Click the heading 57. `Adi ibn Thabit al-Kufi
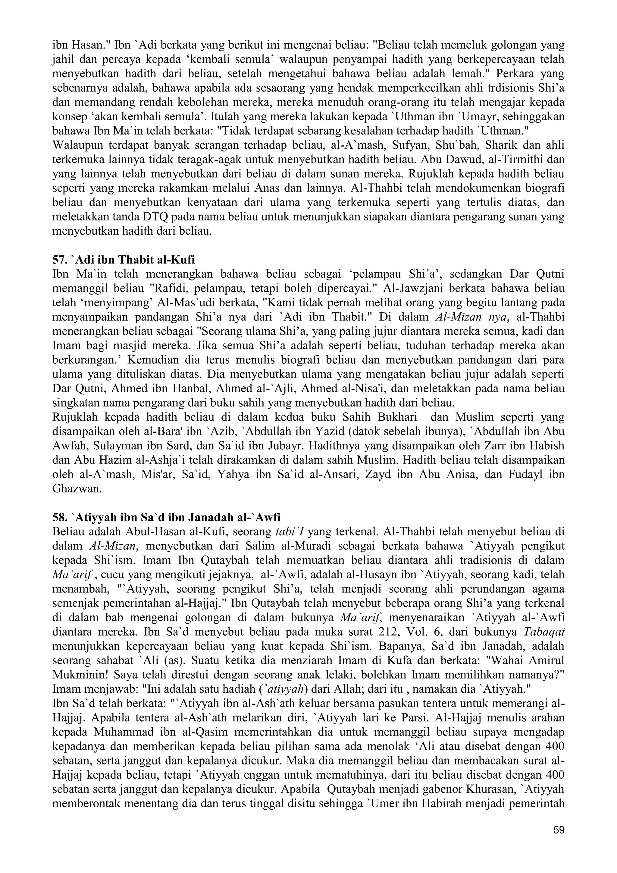point(124,260)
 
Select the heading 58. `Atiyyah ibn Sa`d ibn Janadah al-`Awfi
point(166,517)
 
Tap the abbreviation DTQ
point(155,217)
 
